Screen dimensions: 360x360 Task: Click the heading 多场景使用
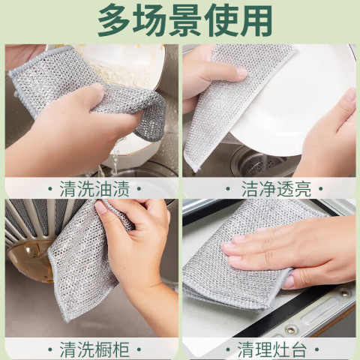pos(184,20)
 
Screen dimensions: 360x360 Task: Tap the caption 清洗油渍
pos(94,189)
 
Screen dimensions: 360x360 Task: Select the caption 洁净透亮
pos(276,189)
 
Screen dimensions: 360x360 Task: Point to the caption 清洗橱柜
pos(94,349)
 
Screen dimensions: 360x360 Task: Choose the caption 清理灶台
pos(272,349)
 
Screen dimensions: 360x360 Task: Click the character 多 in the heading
pos(115,20)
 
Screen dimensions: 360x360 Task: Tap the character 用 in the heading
pos(256,20)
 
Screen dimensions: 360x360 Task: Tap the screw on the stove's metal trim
pos(291,330)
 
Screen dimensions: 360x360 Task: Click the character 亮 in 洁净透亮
pos(303,189)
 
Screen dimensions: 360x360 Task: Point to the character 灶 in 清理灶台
pos(280,349)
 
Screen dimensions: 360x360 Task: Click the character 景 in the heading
pos(185,20)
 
